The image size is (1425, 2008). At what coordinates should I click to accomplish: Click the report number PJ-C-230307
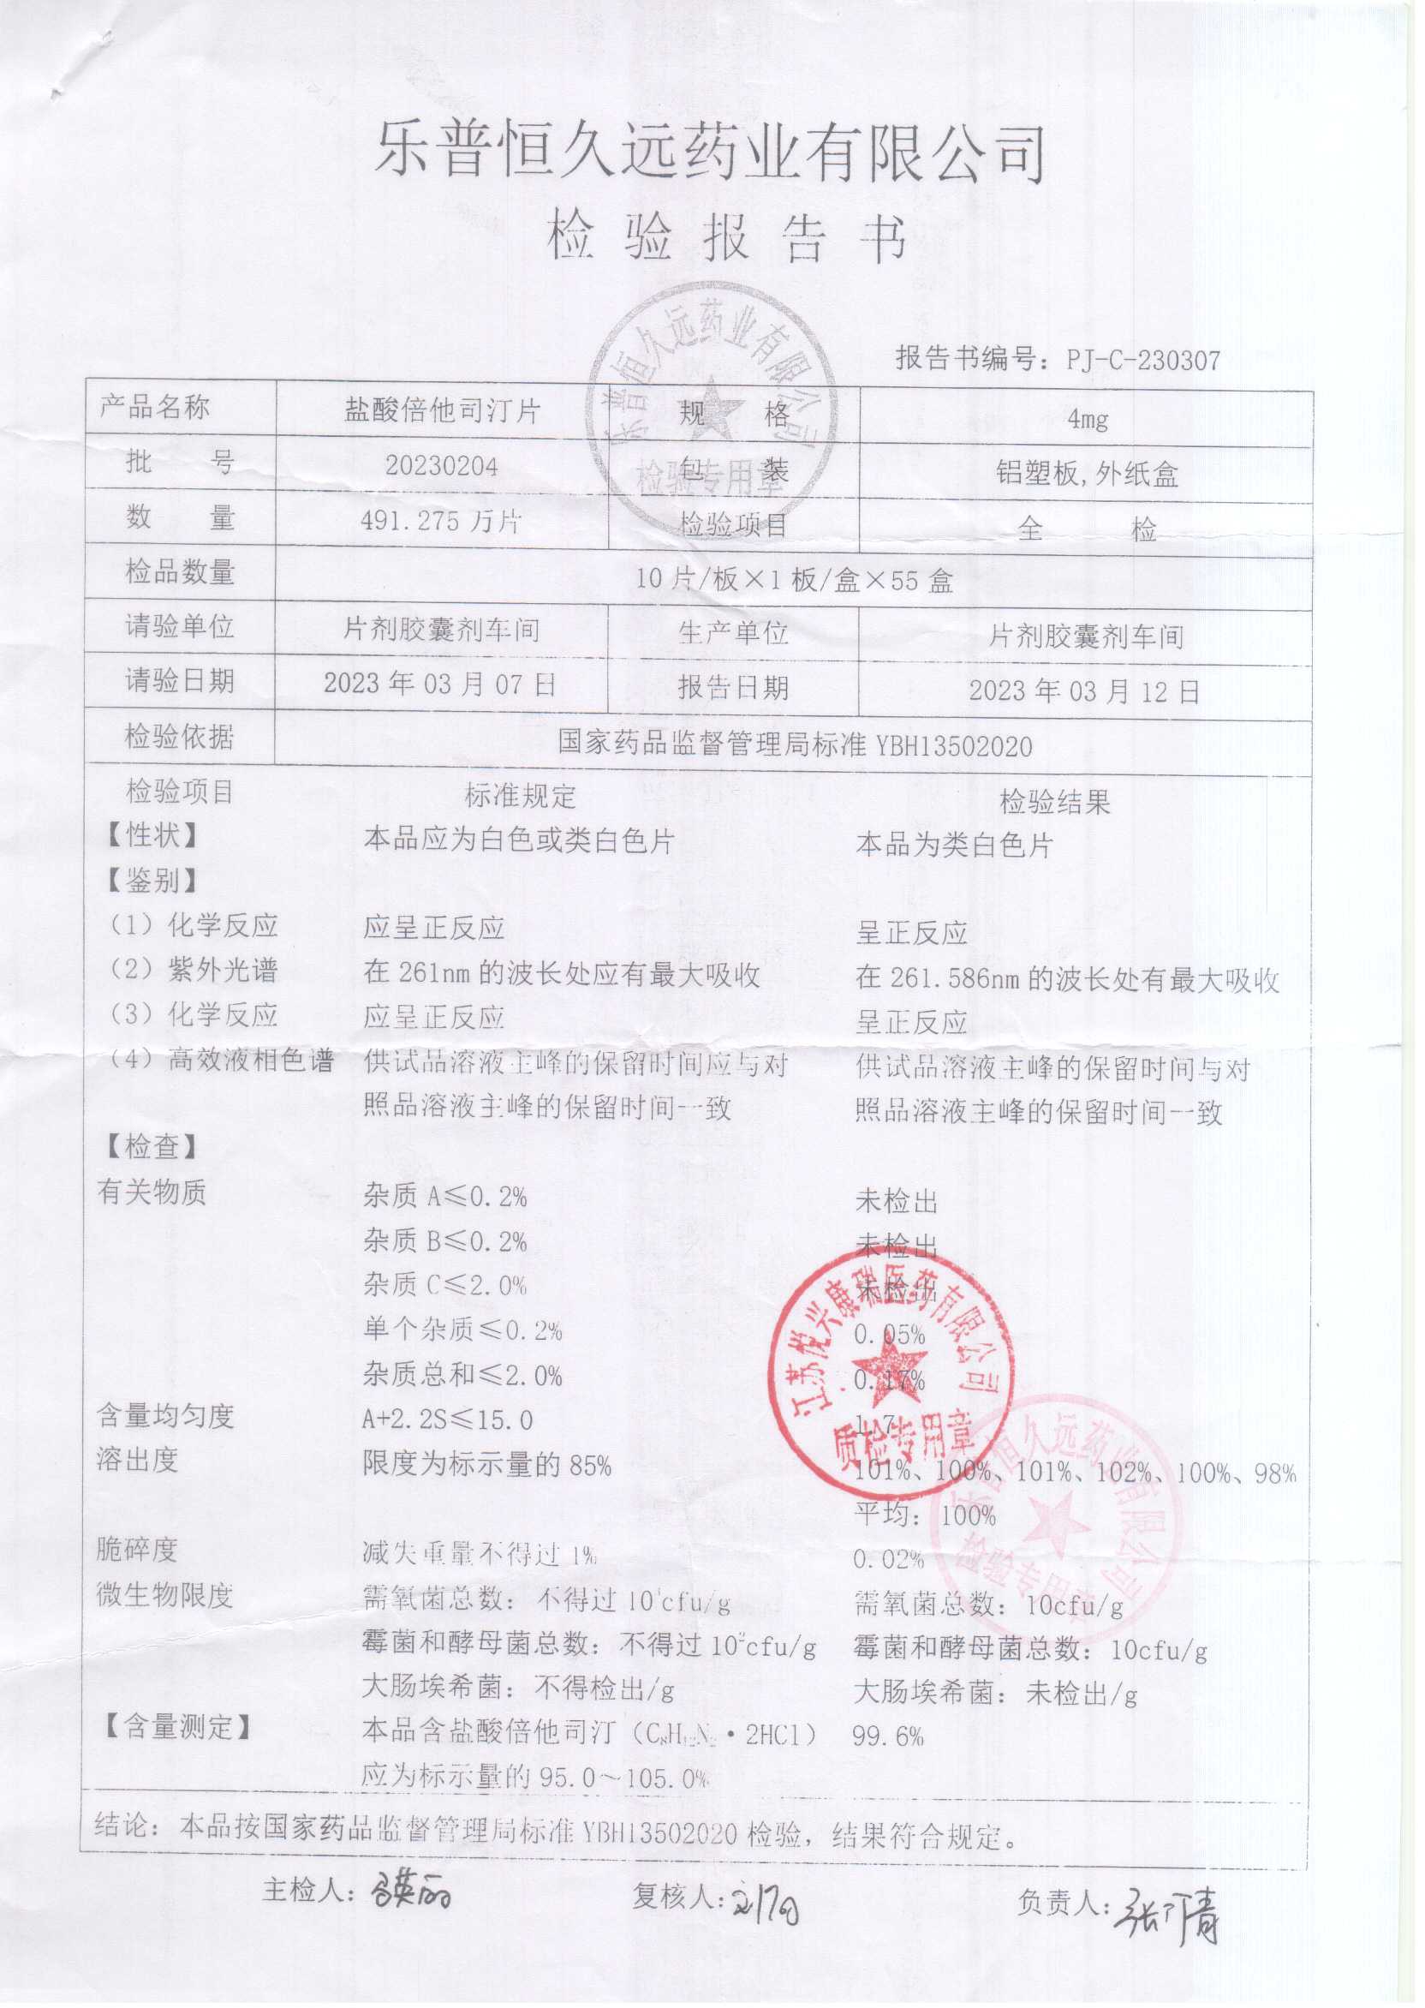[x=1142, y=359]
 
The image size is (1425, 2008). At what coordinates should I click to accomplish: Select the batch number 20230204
[x=441, y=466]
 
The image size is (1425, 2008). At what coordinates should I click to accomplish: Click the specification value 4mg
[x=1088, y=420]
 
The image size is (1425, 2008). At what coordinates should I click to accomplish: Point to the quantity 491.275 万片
[x=441, y=521]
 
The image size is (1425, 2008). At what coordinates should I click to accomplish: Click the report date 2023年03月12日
[x=1083, y=691]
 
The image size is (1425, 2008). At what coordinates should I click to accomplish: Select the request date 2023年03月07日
[x=439, y=684]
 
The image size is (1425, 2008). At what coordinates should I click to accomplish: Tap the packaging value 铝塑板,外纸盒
[x=1086, y=475]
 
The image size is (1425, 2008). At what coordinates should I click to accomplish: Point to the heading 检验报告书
[x=726, y=238]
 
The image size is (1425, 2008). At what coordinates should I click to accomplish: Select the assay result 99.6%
[x=888, y=1736]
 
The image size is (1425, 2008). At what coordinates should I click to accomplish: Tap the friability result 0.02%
[x=888, y=1559]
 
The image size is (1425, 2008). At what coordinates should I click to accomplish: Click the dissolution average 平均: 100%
[x=925, y=1515]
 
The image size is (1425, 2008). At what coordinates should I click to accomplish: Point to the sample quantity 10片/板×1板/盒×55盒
[x=794, y=580]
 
